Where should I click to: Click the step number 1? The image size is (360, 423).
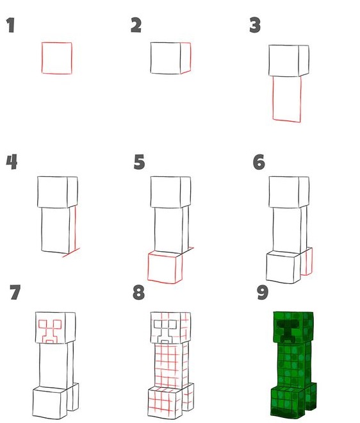pos(10,26)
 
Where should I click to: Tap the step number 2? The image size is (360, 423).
pos(136,25)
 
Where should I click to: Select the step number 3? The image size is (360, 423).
pos(255,25)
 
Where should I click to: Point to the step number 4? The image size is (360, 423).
pos(12,162)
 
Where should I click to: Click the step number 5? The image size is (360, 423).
pos(139,162)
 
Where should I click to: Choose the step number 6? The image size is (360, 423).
pos(259,162)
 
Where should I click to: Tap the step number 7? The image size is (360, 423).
pos(15,292)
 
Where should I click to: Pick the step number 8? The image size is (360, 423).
pos(138,292)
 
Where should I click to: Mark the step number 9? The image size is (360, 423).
pos(263,292)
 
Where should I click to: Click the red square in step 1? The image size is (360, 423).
pos(42,58)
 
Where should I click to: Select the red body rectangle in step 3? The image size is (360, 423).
pos(273,99)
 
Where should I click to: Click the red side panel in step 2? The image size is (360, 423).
pos(190,57)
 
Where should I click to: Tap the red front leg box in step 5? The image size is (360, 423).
pos(148,268)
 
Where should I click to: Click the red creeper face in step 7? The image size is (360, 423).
pos(50,331)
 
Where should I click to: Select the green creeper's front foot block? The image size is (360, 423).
pos(288,402)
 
